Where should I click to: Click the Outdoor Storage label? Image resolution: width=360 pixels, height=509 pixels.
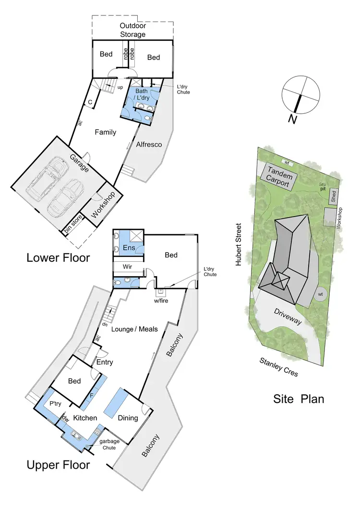132,30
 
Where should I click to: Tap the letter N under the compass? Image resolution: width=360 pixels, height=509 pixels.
292,119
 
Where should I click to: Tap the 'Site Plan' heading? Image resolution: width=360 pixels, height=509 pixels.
299,399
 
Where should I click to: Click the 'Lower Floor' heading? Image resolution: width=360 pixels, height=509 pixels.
58,258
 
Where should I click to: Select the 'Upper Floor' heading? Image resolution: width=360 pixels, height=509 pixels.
58,465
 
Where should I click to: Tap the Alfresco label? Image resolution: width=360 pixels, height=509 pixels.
148,145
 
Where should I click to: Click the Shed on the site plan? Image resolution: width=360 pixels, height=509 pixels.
334,196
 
